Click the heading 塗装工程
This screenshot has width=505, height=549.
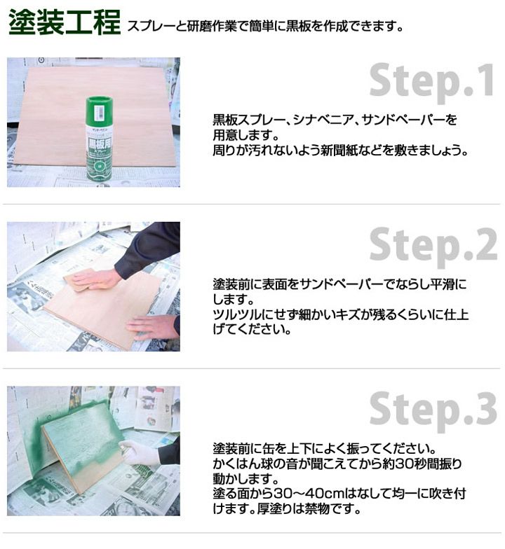tap(65, 22)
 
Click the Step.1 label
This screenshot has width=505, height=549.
tap(432, 81)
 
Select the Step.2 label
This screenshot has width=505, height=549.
tap(433, 245)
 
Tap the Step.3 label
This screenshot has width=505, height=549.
tap(433, 410)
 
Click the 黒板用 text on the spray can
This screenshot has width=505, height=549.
tap(100, 143)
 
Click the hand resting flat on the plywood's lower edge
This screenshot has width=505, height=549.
tap(153, 326)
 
